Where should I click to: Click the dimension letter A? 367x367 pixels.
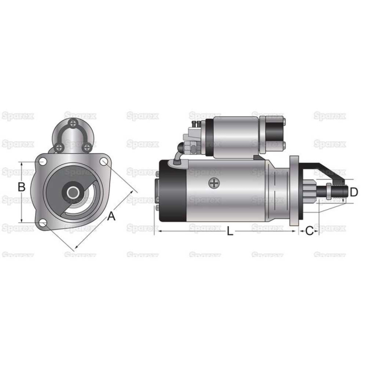coord(111,216)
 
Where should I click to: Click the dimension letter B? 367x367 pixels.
coord(21,187)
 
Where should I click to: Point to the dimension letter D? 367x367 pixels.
coord(353,192)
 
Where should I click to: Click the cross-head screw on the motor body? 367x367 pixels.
coord(212,183)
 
